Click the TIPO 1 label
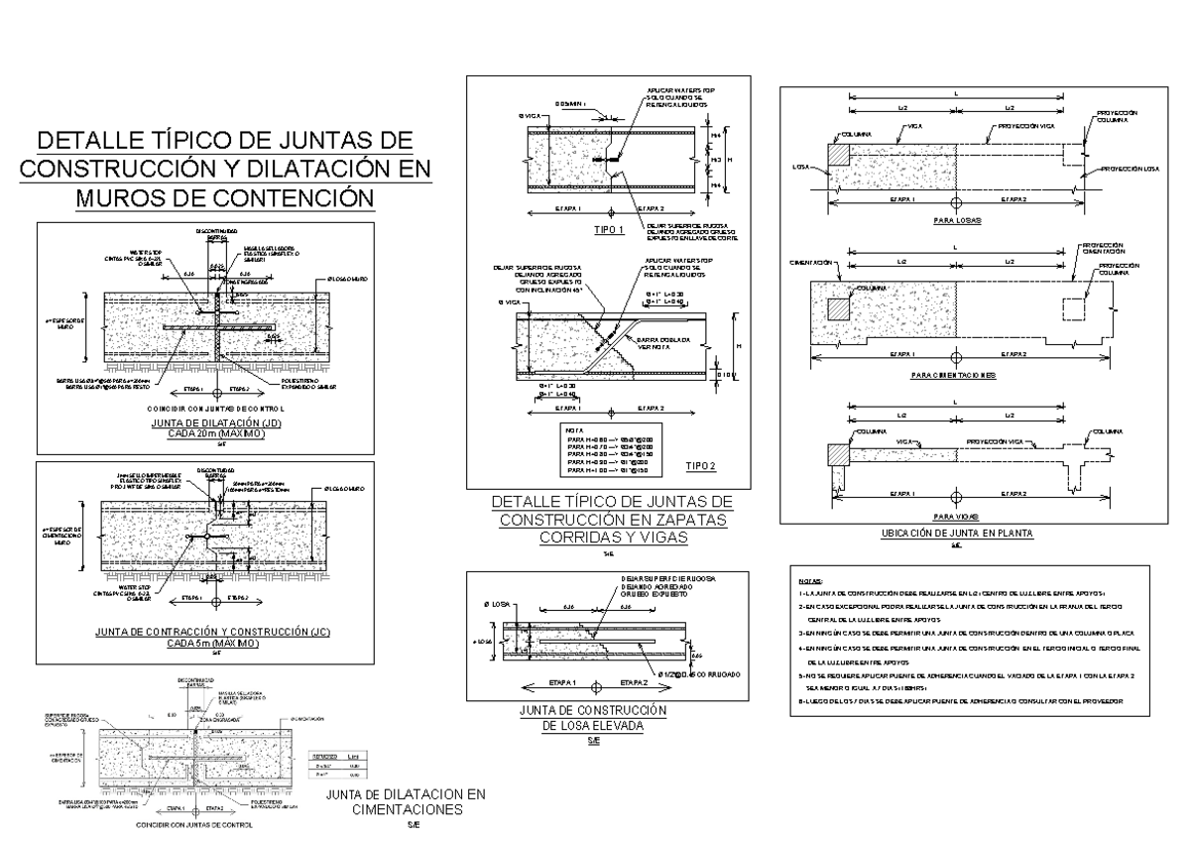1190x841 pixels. [x=607, y=230]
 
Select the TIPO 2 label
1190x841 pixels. [x=702, y=465]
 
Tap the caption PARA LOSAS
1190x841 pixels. [x=953, y=220]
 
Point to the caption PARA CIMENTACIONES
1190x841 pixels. [x=953, y=376]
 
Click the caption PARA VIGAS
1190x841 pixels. [x=953, y=517]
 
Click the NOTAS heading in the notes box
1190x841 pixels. [x=810, y=581]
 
